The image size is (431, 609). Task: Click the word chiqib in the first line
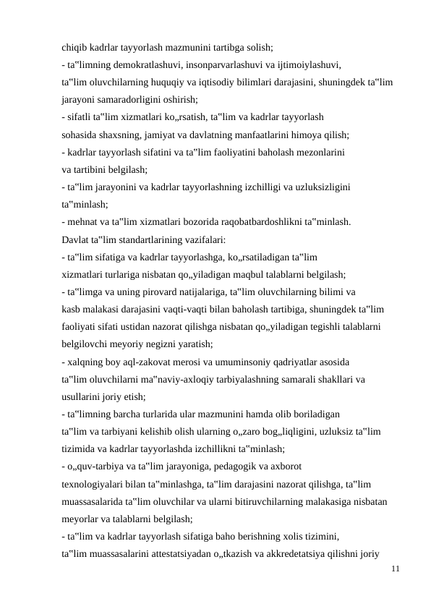click(x=74, y=48)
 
